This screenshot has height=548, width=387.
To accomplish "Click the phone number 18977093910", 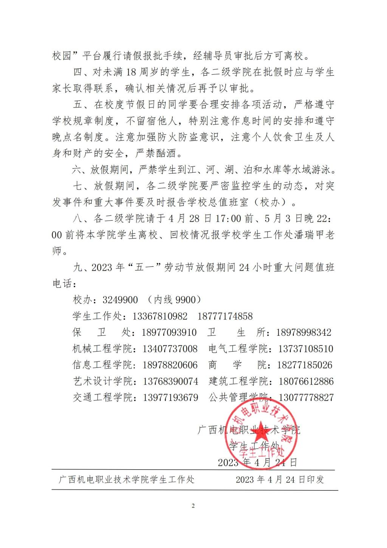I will [169, 333].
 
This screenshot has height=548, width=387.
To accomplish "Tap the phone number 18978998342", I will [304, 333].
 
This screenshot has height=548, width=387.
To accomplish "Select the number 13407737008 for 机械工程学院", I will [170, 349].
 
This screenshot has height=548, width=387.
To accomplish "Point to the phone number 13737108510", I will [306, 349].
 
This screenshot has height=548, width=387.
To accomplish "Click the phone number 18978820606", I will [170, 365].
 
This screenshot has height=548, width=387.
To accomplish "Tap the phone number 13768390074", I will [170, 381].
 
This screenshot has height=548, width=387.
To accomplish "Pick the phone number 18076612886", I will [306, 381].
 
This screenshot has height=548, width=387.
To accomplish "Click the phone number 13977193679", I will [170, 398].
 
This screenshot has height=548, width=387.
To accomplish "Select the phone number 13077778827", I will [306, 398].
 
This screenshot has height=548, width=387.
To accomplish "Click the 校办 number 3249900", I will [120, 300].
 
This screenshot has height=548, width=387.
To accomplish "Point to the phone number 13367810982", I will [160, 316].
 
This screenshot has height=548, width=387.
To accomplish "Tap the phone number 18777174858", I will [225, 316].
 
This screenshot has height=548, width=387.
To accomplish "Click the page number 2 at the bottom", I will [193, 506].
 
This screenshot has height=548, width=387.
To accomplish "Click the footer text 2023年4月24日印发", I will [280, 479].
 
